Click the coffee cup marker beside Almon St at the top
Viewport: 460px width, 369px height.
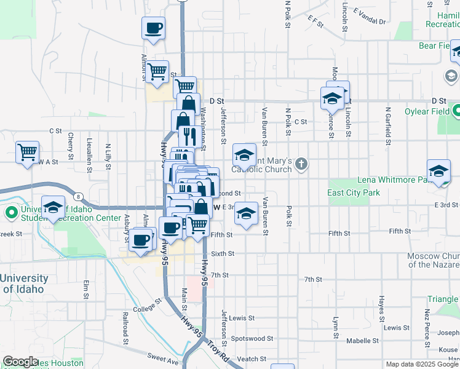point(153,28)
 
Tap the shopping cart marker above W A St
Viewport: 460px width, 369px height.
point(27,151)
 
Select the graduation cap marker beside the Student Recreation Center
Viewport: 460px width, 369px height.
point(54,208)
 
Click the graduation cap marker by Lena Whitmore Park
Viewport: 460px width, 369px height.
point(439,171)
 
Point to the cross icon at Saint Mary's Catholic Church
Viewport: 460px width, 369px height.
point(301,164)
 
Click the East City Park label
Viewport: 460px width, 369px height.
point(354,192)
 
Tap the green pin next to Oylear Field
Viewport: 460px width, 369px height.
point(456,112)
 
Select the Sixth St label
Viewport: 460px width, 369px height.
point(223,253)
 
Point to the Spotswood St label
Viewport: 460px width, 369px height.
point(252,339)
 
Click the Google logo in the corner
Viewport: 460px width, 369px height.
point(20,362)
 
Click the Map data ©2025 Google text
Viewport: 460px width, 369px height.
point(421,364)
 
